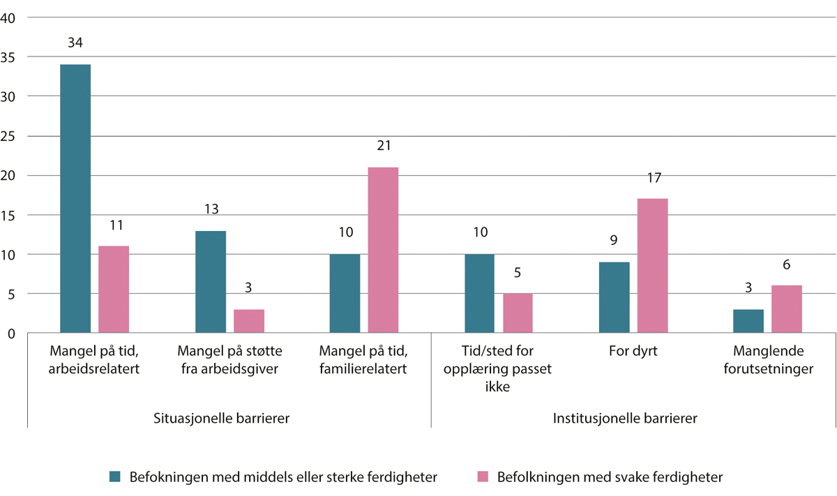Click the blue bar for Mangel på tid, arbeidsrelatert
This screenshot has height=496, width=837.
(x=75, y=199)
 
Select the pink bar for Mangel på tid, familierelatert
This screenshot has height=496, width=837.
(x=383, y=250)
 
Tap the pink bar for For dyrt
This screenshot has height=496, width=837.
(x=652, y=266)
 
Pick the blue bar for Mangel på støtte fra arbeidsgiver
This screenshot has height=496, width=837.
(x=210, y=282)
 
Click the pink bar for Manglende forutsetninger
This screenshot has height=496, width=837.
(x=787, y=310)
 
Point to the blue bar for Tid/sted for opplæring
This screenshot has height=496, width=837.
(x=479, y=294)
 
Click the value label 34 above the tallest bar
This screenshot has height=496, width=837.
(x=75, y=43)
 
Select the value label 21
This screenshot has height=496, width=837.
(x=384, y=146)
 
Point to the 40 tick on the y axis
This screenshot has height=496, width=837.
(x=9, y=18)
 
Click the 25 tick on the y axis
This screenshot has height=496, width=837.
(x=9, y=136)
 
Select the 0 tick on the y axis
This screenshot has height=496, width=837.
(x=12, y=333)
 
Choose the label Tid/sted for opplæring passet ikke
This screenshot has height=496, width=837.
(x=498, y=369)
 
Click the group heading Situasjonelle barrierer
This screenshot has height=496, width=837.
(x=221, y=419)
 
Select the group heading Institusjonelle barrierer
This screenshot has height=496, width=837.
(x=625, y=419)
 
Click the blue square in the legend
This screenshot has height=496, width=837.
(x=116, y=477)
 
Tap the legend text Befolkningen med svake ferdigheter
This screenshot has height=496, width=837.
(x=610, y=477)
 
